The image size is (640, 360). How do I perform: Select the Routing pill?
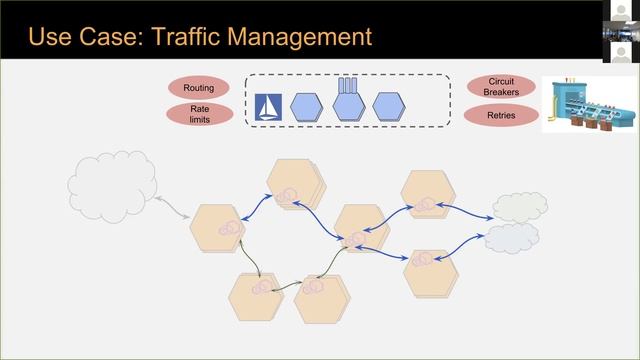coord(198,88)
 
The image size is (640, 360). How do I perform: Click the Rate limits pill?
coord(198,115)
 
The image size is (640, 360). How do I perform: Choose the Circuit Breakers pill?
coord(501,87)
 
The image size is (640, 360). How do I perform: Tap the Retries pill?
coord(501,115)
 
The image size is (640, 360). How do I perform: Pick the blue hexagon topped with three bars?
coord(347,105)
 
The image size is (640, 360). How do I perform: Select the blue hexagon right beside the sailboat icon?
coord(307,106)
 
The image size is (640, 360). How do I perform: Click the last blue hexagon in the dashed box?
coord(389,106)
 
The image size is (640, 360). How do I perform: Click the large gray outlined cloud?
coord(111,183)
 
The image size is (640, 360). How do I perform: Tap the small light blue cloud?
coord(511,237)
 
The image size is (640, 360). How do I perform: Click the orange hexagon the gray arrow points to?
coord(218,227)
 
